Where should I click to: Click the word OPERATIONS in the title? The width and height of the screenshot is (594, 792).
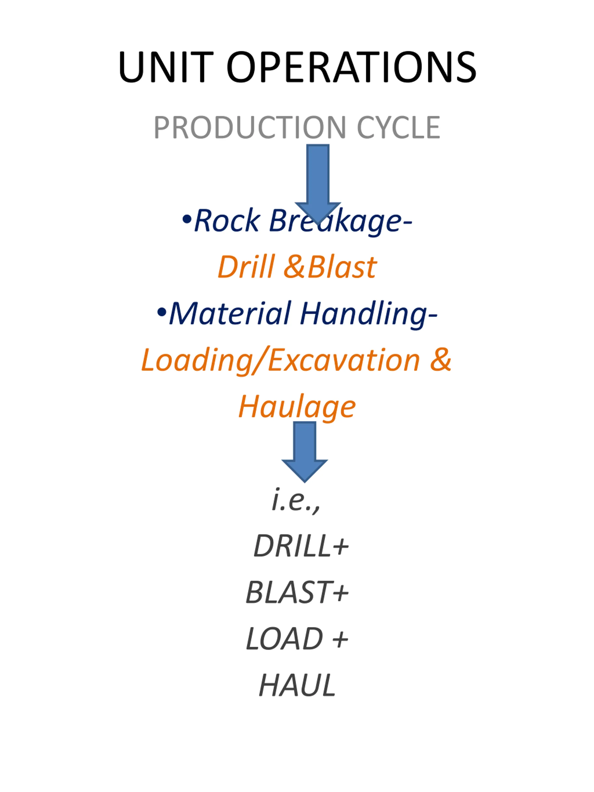click(352, 67)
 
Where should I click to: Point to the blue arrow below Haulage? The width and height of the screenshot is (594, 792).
click(304, 452)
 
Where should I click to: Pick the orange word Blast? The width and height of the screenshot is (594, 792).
click(342, 267)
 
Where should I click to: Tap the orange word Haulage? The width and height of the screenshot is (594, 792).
click(297, 407)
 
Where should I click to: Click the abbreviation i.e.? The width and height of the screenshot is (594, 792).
click(296, 501)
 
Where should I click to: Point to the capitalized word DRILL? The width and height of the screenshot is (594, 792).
click(292, 546)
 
